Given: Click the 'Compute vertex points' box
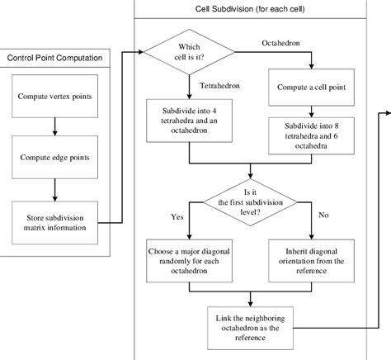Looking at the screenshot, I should [54, 97].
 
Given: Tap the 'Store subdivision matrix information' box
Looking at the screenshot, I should [54, 222].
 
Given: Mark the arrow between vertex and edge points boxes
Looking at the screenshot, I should [54, 125].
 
